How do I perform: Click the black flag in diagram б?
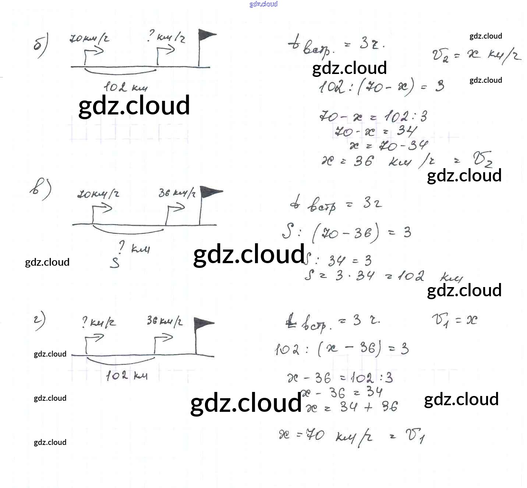pyautogui.click(x=206, y=36)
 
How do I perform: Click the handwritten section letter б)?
pyautogui.click(x=40, y=46)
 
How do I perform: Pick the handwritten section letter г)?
pyautogui.click(x=39, y=321)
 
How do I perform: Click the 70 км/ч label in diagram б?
pyautogui.click(x=89, y=39)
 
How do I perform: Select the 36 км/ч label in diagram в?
pyautogui.click(x=177, y=193)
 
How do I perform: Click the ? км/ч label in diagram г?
pyautogui.click(x=99, y=323)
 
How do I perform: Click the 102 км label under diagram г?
pyautogui.click(x=127, y=376)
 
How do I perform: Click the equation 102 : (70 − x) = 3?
pyautogui.click(x=381, y=87)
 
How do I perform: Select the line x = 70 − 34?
pyautogui.click(x=388, y=146)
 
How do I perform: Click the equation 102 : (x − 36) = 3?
pyautogui.click(x=342, y=349)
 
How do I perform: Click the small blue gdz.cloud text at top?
pyautogui.click(x=263, y=4)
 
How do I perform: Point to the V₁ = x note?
pyautogui.click(x=455, y=320)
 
